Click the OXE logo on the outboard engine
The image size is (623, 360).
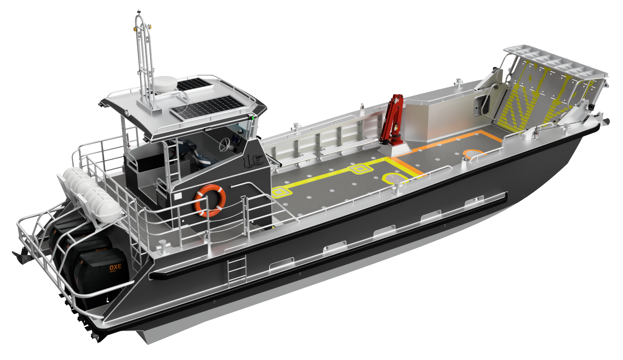115,267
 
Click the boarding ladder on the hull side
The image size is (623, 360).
237,269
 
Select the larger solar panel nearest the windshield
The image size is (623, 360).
207,107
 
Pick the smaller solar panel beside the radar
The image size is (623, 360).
193,84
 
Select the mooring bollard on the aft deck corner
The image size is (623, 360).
162,246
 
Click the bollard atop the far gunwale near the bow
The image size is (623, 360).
458,83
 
